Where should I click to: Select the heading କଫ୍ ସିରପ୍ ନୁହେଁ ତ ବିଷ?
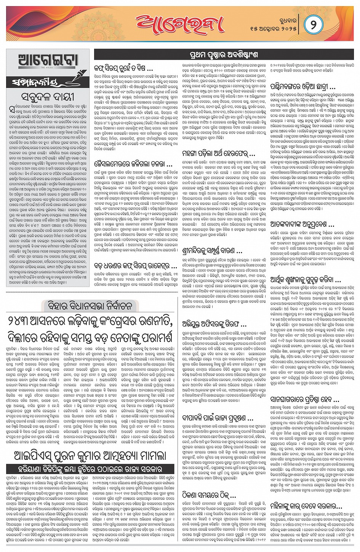pyautogui.click(x=123, y=69)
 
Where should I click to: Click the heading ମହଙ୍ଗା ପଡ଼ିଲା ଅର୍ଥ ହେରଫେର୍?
pyautogui.click(x=219, y=154)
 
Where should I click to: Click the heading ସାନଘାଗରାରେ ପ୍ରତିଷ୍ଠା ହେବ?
pyautogui.click(x=304, y=400)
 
